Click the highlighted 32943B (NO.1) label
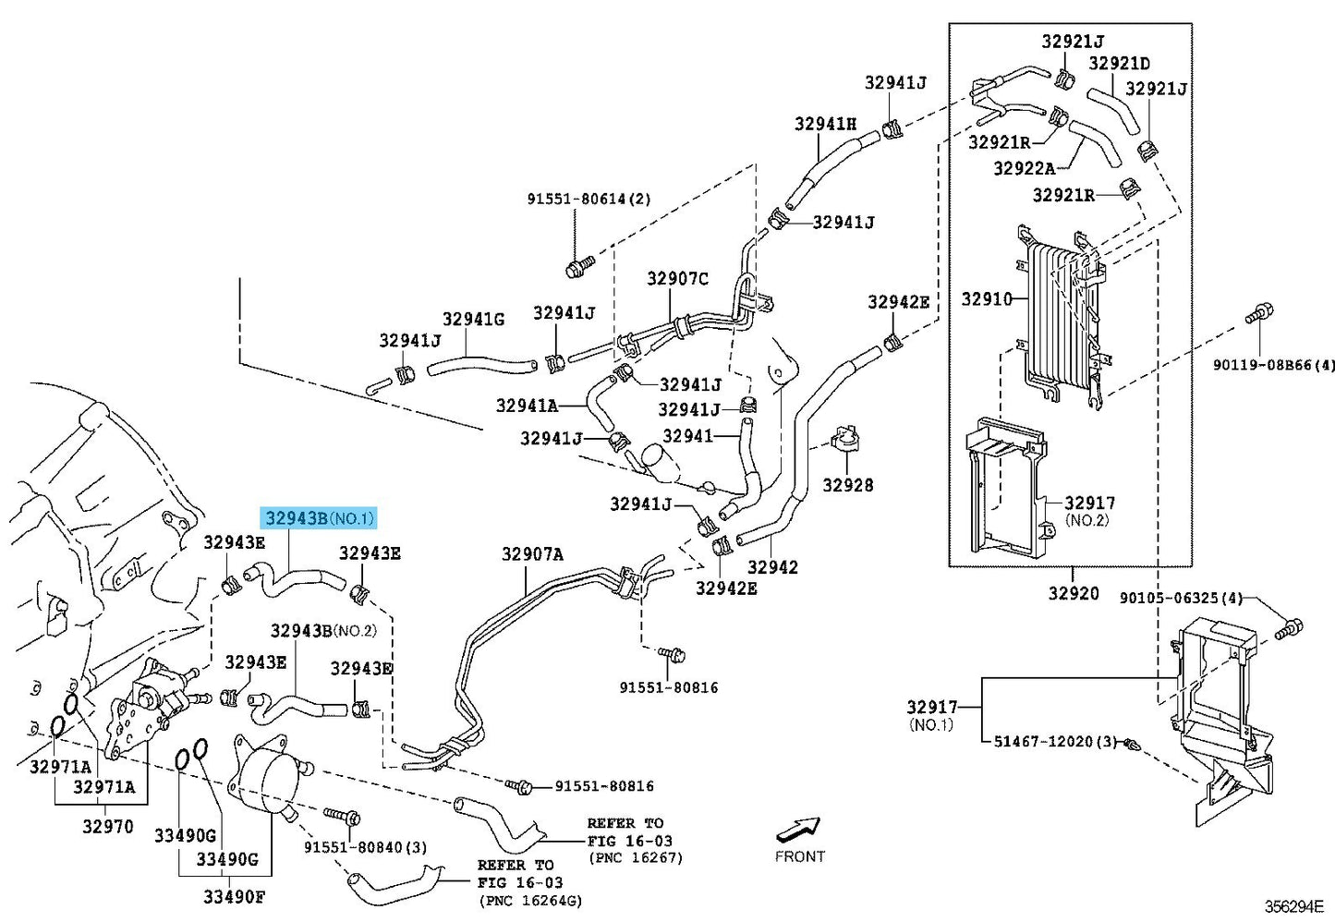(320, 518)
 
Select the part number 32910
(986, 299)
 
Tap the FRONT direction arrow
(799, 829)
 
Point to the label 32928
(847, 485)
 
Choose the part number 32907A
(532, 554)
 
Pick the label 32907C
(677, 279)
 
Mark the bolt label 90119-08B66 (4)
(1274, 365)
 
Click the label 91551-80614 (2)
(589, 199)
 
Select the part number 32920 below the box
(1073, 593)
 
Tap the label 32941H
(825, 124)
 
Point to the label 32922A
(1024, 168)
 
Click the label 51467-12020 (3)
(1055, 742)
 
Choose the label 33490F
(234, 896)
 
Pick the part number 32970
(107, 827)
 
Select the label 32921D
(1119, 64)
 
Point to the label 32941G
(473, 320)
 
